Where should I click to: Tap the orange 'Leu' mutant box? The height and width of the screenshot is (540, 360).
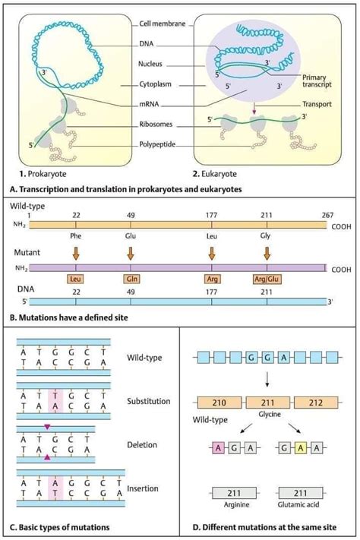76,278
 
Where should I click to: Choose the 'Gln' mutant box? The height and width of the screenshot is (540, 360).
131,278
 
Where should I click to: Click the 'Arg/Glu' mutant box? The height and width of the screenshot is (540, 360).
267,278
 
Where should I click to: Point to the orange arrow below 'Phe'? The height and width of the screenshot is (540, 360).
76,254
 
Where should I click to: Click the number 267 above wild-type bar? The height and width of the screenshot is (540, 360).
327,216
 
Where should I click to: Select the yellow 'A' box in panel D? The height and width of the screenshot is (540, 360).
301,448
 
